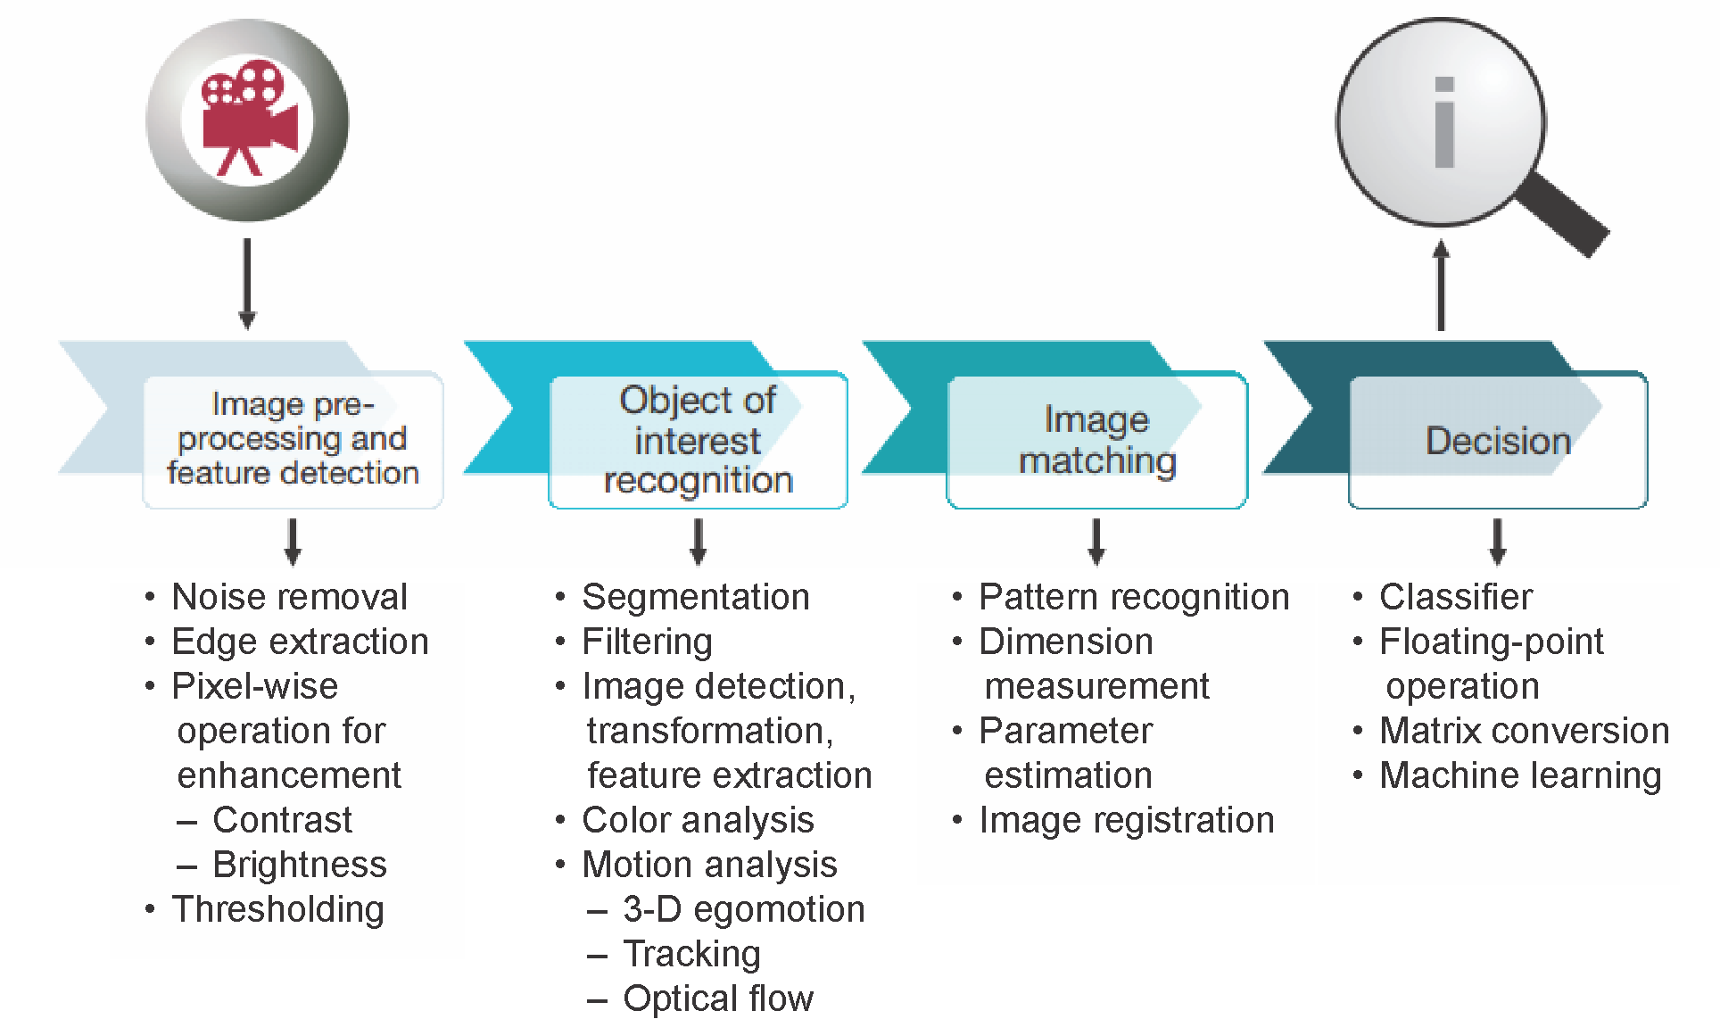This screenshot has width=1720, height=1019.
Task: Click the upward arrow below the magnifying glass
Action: (x=1441, y=286)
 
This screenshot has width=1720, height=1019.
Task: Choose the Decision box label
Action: (x=1498, y=441)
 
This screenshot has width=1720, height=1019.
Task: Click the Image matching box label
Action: (x=1097, y=440)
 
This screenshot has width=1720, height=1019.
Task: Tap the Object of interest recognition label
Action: (x=699, y=440)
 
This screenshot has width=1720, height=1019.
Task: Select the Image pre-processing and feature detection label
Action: (x=293, y=438)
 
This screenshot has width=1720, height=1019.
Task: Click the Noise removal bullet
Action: (x=289, y=597)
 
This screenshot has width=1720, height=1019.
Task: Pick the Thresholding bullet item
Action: (x=277, y=909)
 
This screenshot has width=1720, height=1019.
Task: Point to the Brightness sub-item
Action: (x=299, y=865)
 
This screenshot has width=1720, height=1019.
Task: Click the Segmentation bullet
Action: (x=695, y=597)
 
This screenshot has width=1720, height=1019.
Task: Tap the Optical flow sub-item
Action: (x=717, y=998)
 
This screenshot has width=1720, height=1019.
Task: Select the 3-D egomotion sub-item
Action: (x=743, y=909)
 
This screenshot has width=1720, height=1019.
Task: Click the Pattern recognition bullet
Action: (x=1133, y=597)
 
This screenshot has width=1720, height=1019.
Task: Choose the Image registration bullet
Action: (x=1126, y=820)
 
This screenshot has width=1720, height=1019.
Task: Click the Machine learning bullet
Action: (x=1519, y=775)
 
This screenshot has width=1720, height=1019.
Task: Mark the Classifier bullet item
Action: (x=1455, y=597)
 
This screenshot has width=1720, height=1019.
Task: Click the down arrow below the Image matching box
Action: (x=1097, y=541)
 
